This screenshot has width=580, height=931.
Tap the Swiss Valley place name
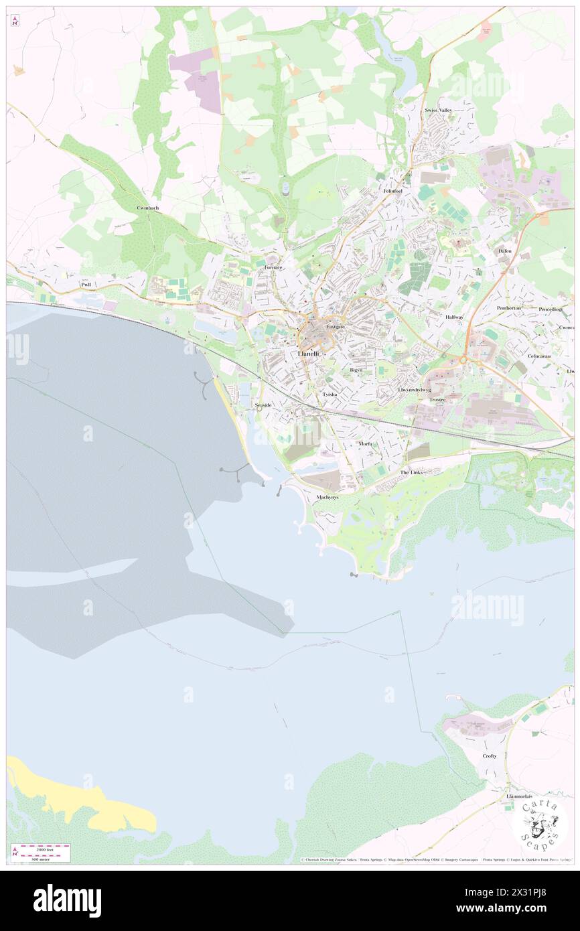[437, 110]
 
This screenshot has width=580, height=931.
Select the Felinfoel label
[392, 191]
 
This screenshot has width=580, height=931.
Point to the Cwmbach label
[147, 208]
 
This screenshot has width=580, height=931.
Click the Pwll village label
[85, 285]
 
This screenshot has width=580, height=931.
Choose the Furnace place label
[273, 267]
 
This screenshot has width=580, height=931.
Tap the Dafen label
[504, 251]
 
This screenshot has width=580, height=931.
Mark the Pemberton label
[508, 308]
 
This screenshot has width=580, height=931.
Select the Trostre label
[437, 399]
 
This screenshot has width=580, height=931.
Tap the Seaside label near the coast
[263, 406]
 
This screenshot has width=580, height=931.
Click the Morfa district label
[366, 444]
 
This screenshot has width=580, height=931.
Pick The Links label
[411, 473]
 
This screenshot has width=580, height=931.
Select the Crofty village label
[490, 756]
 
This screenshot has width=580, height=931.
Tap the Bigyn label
[356, 370]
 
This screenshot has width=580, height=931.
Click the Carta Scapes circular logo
[540, 823]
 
